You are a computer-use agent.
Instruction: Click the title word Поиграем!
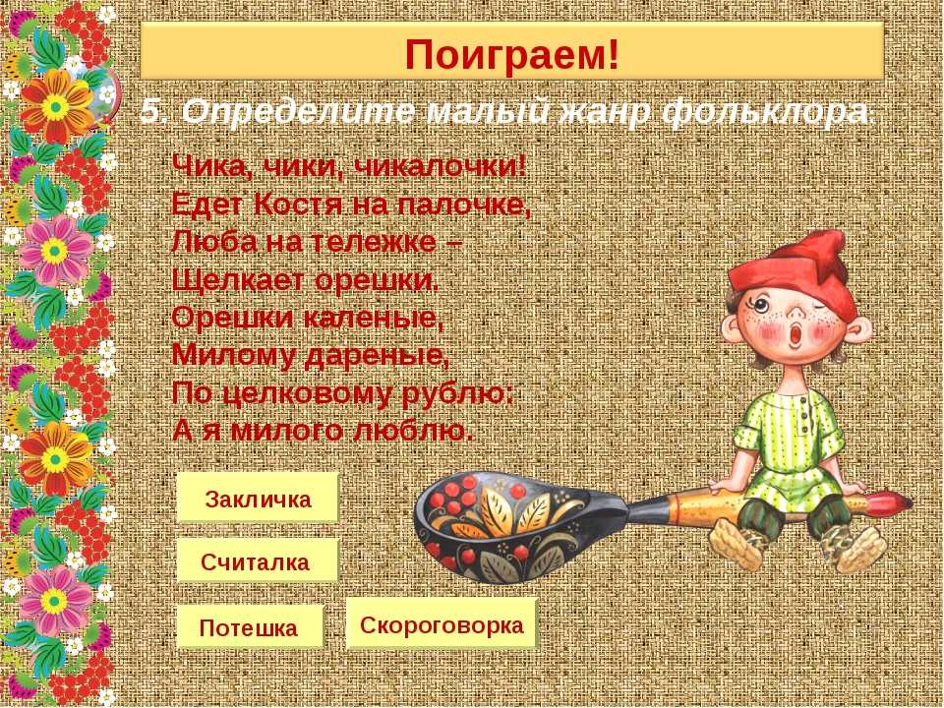[x=511, y=54]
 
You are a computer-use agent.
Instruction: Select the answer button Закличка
[x=258, y=498]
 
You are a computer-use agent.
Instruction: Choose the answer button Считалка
[x=257, y=560]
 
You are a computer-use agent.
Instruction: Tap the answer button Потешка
[x=250, y=626]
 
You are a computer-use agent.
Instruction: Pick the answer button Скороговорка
[x=442, y=623]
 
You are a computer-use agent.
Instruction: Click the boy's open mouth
[x=796, y=333]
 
